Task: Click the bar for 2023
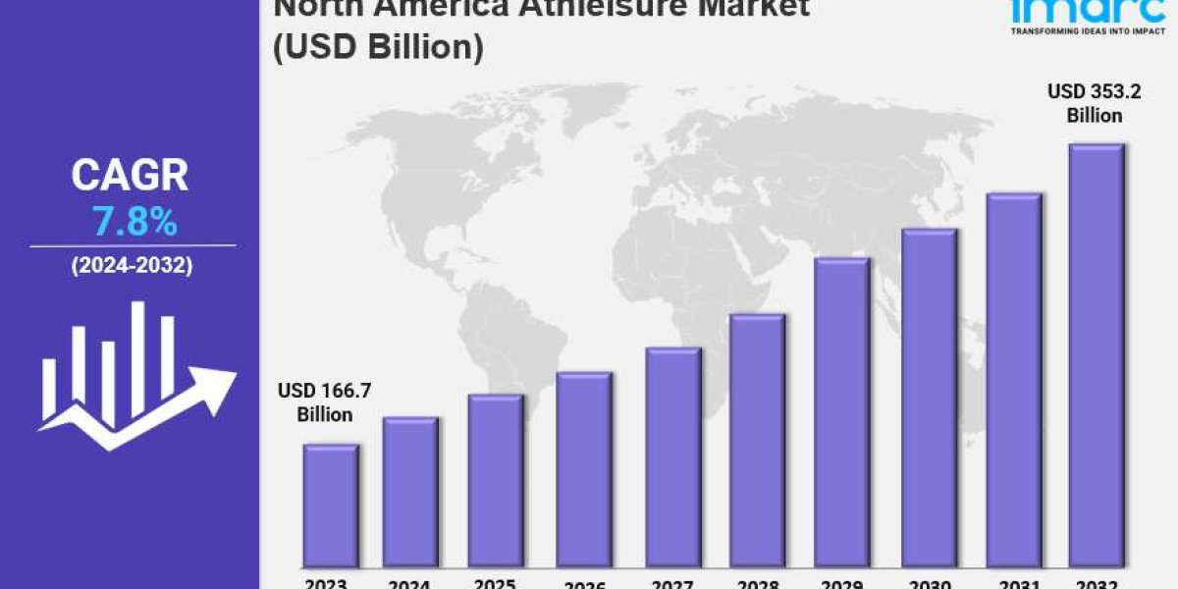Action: pyautogui.click(x=330, y=507)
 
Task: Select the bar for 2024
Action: pyautogui.click(x=410, y=493)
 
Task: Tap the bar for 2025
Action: pyautogui.click(x=495, y=481)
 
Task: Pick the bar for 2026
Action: pyautogui.click(x=583, y=470)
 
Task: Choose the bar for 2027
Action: pyautogui.click(x=672, y=457)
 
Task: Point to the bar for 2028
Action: pyautogui.click(x=757, y=441)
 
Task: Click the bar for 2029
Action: pyautogui.click(x=841, y=413)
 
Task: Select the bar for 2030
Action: pyautogui.click(x=929, y=399)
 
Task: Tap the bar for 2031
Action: pyautogui.click(x=1013, y=381)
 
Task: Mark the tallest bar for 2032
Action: pyautogui.click(x=1097, y=356)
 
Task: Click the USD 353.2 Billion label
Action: pyautogui.click(x=1085, y=103)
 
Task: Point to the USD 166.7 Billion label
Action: pyautogui.click(x=325, y=402)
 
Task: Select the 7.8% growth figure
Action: pyautogui.click(x=134, y=223)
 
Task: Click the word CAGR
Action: pyautogui.click(x=130, y=176)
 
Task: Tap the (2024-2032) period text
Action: pyautogui.click(x=132, y=266)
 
